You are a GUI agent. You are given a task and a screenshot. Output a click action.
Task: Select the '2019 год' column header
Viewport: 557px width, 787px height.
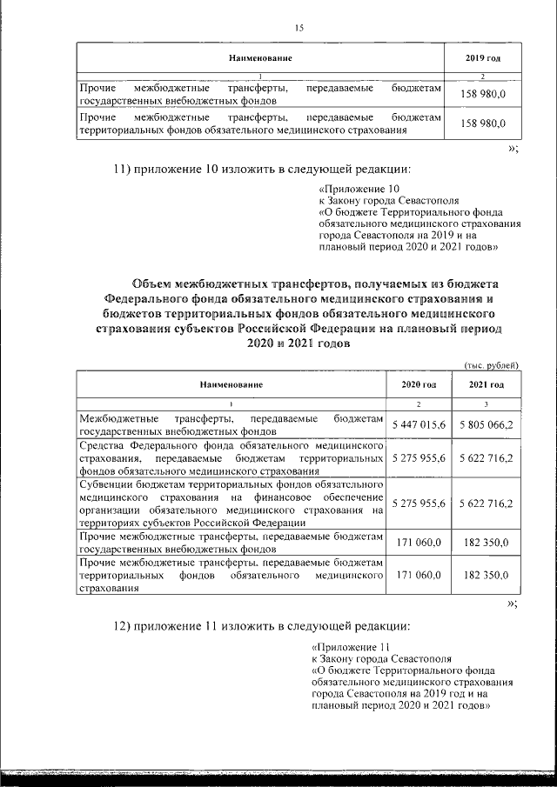[x=483, y=57]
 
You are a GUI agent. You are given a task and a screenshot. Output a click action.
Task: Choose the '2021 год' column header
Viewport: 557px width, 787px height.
[x=487, y=384]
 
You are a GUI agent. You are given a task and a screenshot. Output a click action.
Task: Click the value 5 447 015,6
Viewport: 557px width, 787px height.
[x=419, y=424]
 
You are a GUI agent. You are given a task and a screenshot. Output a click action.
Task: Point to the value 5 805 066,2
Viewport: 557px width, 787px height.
[x=487, y=424]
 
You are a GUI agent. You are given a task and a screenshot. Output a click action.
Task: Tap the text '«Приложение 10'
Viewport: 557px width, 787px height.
[x=359, y=189]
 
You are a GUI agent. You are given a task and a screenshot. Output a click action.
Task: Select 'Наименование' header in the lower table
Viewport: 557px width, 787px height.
[x=231, y=384]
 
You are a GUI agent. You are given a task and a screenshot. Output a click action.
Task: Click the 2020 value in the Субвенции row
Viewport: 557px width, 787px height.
[x=419, y=504]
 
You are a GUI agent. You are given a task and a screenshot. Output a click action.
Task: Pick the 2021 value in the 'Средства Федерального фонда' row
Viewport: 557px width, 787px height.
[x=487, y=457]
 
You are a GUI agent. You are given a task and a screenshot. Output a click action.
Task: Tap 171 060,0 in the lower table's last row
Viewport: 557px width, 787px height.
[x=419, y=576]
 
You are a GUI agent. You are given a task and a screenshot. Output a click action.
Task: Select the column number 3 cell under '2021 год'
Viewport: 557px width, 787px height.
[x=487, y=404]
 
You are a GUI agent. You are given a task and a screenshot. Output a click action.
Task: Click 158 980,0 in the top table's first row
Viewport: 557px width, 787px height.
[x=483, y=93]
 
